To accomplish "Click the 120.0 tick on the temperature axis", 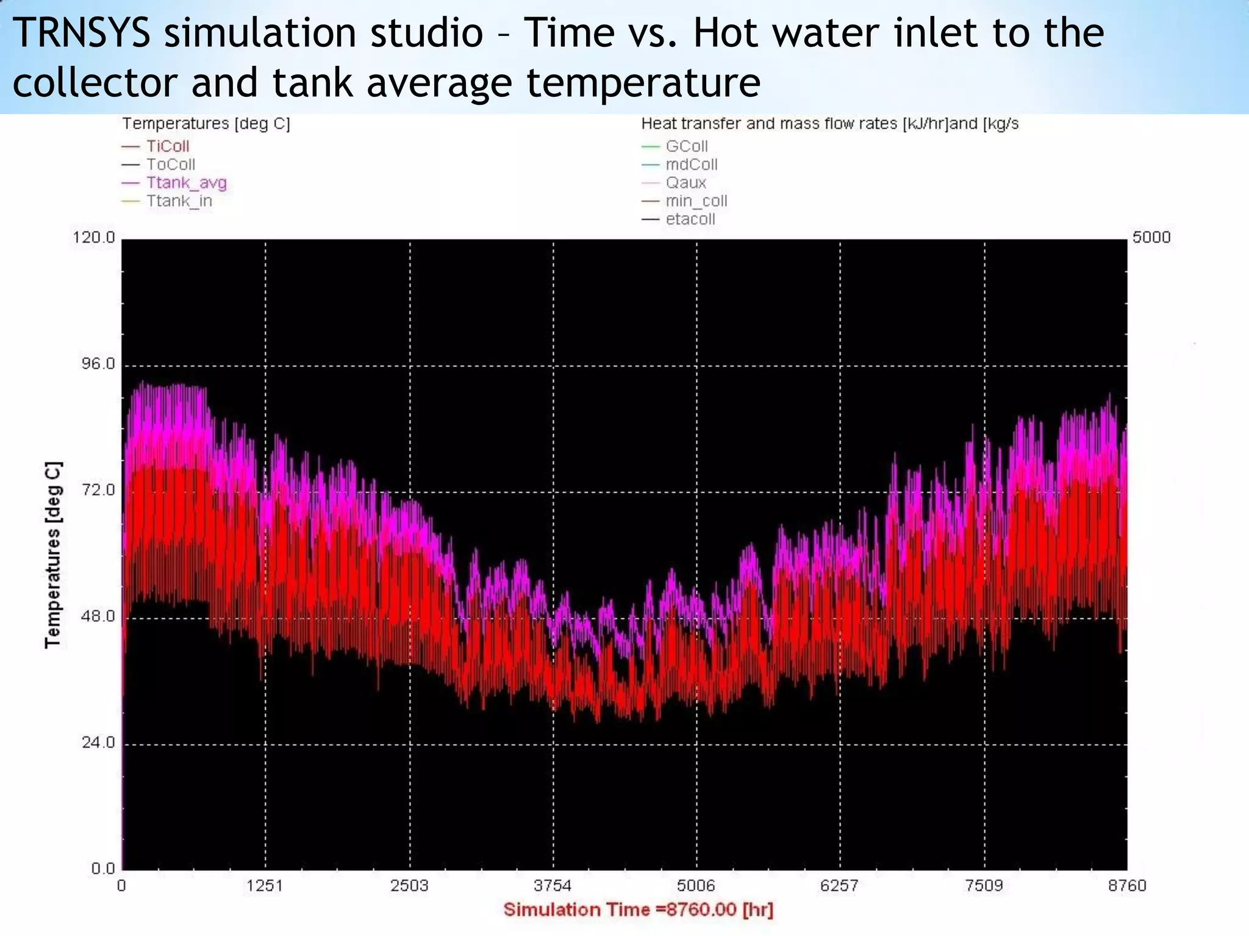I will (x=94, y=237).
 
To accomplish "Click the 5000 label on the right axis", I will (x=1151, y=237).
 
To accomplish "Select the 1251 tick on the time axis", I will (x=265, y=885).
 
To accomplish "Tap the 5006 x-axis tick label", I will (x=696, y=885).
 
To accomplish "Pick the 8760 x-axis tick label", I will (x=1127, y=885).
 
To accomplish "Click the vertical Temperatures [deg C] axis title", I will (x=54, y=555).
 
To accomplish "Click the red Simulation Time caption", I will (x=638, y=910).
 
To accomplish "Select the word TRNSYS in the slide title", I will (x=81, y=33).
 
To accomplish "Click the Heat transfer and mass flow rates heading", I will (x=829, y=124).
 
